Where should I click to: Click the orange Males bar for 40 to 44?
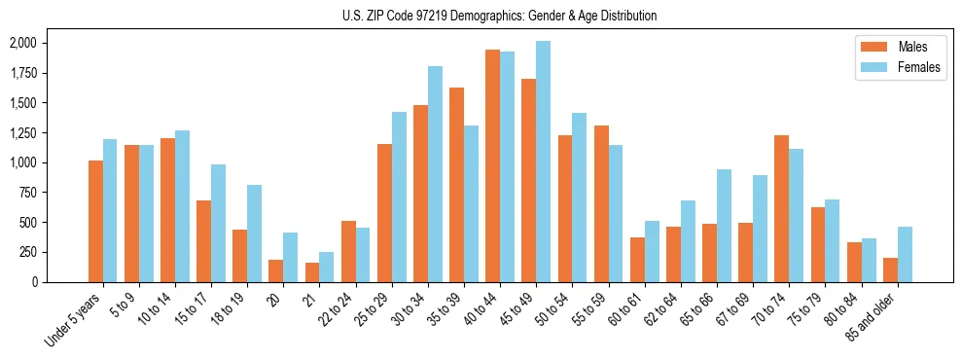tap(492, 165)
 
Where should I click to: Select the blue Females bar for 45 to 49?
tap(543, 162)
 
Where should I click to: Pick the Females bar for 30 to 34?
tap(435, 174)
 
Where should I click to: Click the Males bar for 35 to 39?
tap(456, 185)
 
